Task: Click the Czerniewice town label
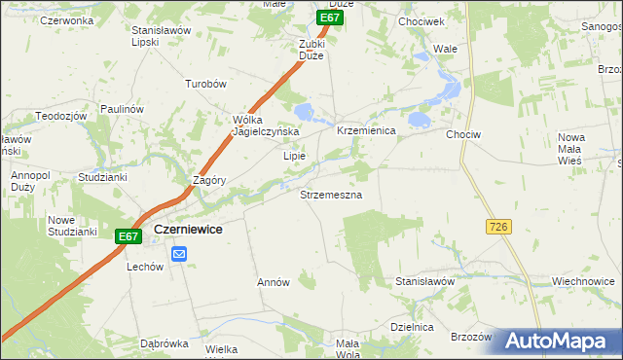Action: pyautogui.click(x=189, y=229)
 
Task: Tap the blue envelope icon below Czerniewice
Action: pyautogui.click(x=180, y=254)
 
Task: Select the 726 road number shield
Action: pyautogui.click(x=497, y=226)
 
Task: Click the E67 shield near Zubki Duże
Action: pyautogui.click(x=330, y=18)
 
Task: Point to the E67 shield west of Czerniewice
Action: pyautogui.click(x=128, y=235)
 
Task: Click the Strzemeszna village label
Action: pyautogui.click(x=331, y=195)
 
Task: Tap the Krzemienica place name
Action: pyautogui.click(x=365, y=130)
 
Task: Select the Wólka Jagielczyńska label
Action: pyautogui.click(x=265, y=126)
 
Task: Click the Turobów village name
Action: pyautogui.click(x=205, y=84)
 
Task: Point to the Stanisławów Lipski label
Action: pyautogui.click(x=159, y=36)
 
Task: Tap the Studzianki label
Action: pyautogui.click(x=103, y=177)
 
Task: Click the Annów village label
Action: pyautogui.click(x=274, y=282)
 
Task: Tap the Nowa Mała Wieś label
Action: pyautogui.click(x=570, y=148)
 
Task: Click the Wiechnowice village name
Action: pyautogui.click(x=584, y=281)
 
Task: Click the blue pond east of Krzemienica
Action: pyautogui.click(x=419, y=120)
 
